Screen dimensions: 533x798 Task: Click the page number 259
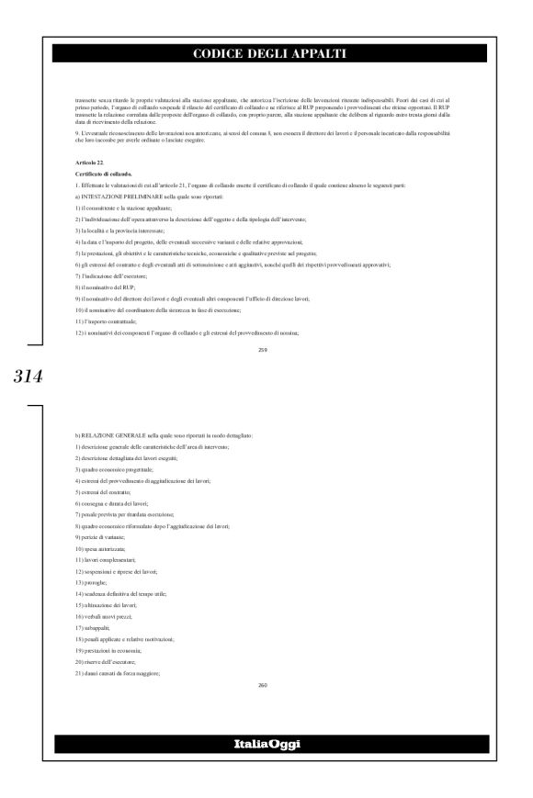coord(264,349)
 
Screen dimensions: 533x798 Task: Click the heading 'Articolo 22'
coord(90,161)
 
